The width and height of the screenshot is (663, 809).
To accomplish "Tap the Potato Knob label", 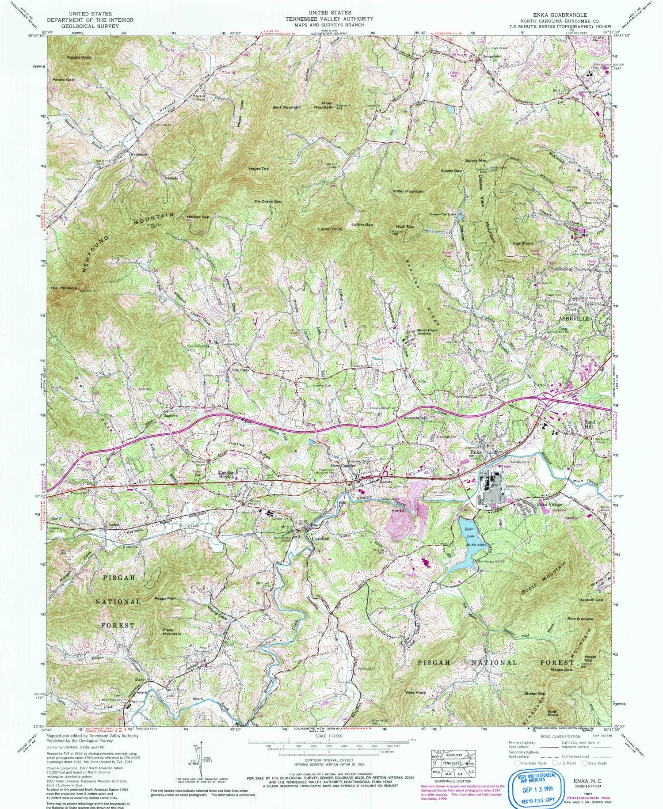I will pyautogui.click(x=80, y=57).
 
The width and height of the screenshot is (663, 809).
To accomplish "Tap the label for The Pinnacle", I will pyautogui.click(x=60, y=288).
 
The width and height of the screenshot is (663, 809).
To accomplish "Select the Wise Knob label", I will pyautogui.click(x=415, y=693).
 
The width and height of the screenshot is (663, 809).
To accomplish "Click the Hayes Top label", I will pyautogui.click(x=259, y=169).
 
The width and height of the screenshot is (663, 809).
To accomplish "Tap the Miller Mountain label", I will pyautogui.click(x=408, y=191).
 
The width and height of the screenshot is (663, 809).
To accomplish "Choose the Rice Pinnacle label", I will pyautogui.click(x=580, y=619).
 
